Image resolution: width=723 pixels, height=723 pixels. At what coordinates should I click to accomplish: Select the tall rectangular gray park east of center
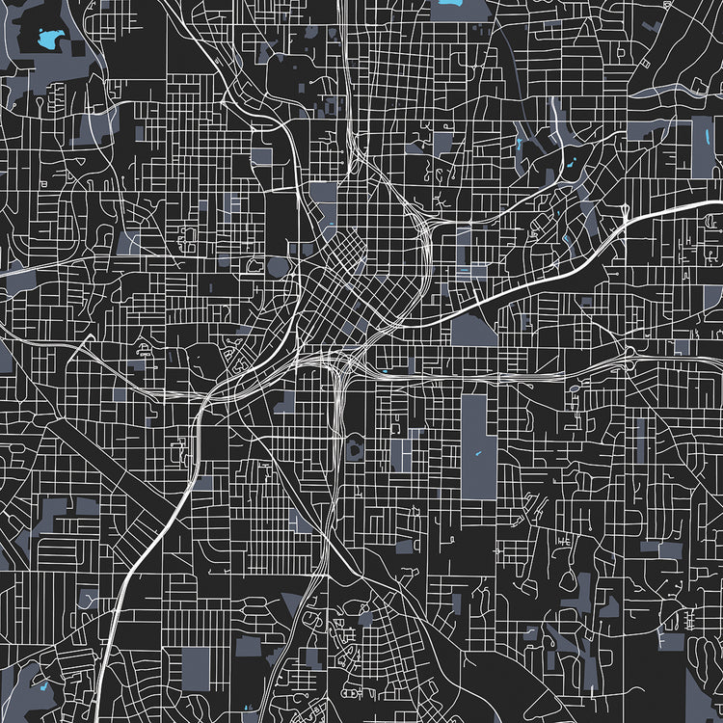473,445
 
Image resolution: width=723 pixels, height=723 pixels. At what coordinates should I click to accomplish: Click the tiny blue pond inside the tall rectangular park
475,454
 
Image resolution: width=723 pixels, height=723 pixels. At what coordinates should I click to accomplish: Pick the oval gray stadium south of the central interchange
354,445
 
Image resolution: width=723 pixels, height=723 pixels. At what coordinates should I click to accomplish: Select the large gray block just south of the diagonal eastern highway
473,331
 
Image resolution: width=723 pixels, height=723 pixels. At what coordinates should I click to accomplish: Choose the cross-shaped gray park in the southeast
577,588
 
